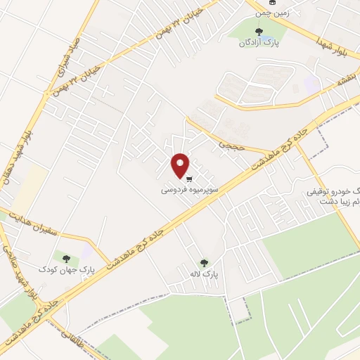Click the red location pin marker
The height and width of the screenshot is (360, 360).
pos(181,165)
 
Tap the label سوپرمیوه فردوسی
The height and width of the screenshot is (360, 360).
pos(190,190)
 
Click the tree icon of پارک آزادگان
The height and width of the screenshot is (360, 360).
pos(259,32)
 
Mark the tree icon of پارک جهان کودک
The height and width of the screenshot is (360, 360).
pos(67,259)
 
